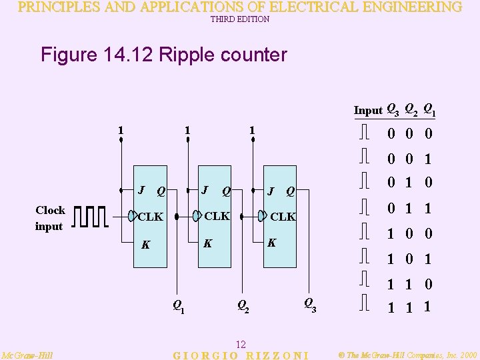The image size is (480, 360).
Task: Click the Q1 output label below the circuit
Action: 179,307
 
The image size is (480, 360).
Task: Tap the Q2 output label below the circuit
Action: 243,307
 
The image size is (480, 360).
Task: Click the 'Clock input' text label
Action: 50,218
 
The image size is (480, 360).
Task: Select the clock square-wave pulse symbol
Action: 90,217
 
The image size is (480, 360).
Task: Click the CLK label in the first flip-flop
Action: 150,217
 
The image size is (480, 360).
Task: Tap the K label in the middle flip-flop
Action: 207,243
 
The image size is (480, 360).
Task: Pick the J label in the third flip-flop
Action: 270,192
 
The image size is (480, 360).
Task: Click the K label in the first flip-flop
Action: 145,245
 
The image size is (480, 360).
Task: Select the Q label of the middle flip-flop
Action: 227,192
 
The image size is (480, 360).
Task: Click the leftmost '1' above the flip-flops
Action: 119,129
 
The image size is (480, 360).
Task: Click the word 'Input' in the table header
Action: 368,110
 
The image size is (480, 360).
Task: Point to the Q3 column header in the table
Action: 393,110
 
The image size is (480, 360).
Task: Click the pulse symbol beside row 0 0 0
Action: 364,133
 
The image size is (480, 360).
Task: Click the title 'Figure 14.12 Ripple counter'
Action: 164,54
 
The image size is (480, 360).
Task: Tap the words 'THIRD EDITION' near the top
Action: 240,19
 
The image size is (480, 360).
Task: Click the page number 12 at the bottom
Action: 241,345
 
